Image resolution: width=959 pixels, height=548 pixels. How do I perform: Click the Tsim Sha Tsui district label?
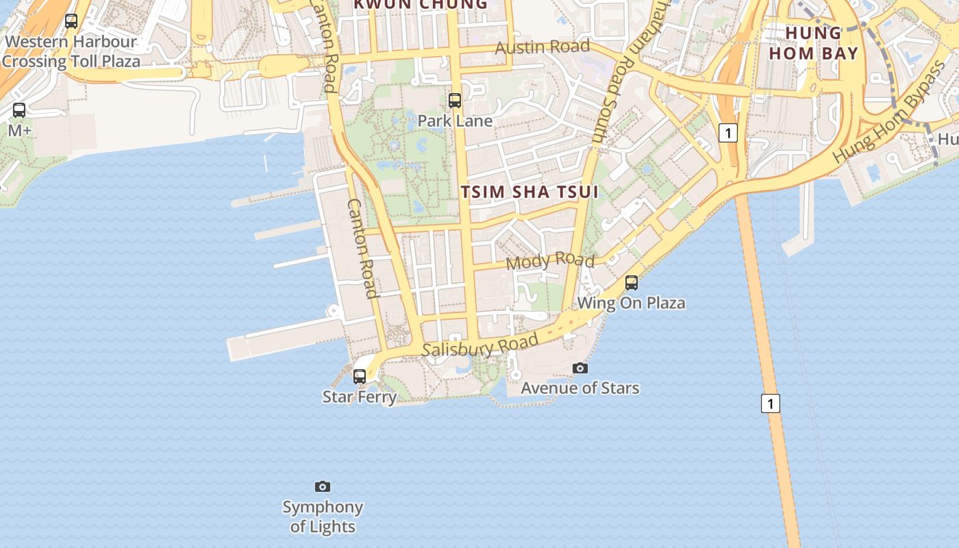530,192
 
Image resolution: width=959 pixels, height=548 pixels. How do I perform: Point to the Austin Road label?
542,47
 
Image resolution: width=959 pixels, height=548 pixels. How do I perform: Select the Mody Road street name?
550,261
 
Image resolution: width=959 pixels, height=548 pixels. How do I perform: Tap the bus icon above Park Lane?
455,101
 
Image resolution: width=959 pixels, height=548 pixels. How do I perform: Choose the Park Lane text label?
455,121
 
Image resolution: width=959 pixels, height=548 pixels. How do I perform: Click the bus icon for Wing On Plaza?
632,282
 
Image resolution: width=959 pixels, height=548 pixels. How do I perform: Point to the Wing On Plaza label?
632,303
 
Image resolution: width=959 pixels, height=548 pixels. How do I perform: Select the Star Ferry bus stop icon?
360,376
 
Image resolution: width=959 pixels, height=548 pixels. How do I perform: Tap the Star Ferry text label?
360,397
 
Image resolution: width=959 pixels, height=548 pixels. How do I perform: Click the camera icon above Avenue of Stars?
580,368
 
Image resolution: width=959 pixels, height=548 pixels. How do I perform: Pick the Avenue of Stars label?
580,388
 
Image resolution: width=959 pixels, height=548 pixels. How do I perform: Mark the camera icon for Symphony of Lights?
323,486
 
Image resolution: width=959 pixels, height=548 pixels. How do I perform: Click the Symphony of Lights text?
323,516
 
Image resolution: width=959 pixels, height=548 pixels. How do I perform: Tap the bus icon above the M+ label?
19,110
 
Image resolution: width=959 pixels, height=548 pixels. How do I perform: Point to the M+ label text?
19,130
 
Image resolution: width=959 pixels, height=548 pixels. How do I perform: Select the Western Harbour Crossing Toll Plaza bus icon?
71,21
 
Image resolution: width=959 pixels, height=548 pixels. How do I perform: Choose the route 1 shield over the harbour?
771,403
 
